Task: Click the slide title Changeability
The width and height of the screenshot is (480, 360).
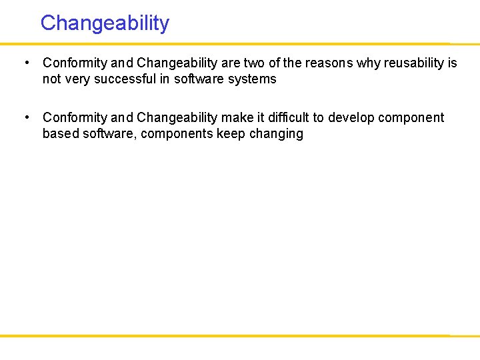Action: (x=105, y=23)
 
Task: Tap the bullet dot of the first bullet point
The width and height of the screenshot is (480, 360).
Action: (x=25, y=63)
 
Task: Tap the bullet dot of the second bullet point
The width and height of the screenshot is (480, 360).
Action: (x=25, y=117)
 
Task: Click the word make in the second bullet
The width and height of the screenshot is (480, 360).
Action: (x=237, y=117)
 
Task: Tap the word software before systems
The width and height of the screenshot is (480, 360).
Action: (x=198, y=79)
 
